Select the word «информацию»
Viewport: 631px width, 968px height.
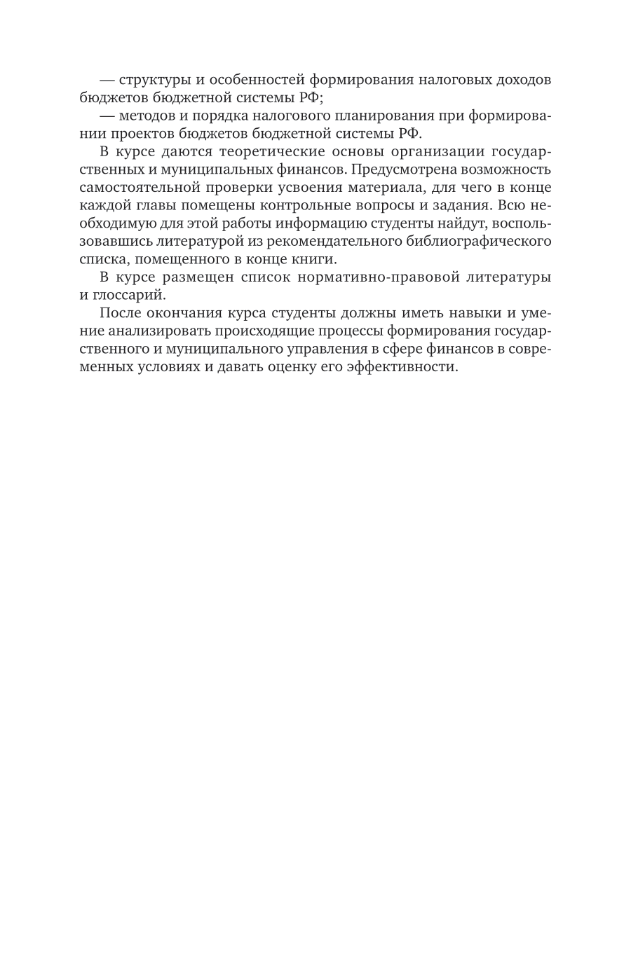317,224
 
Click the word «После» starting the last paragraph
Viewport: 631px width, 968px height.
121,313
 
